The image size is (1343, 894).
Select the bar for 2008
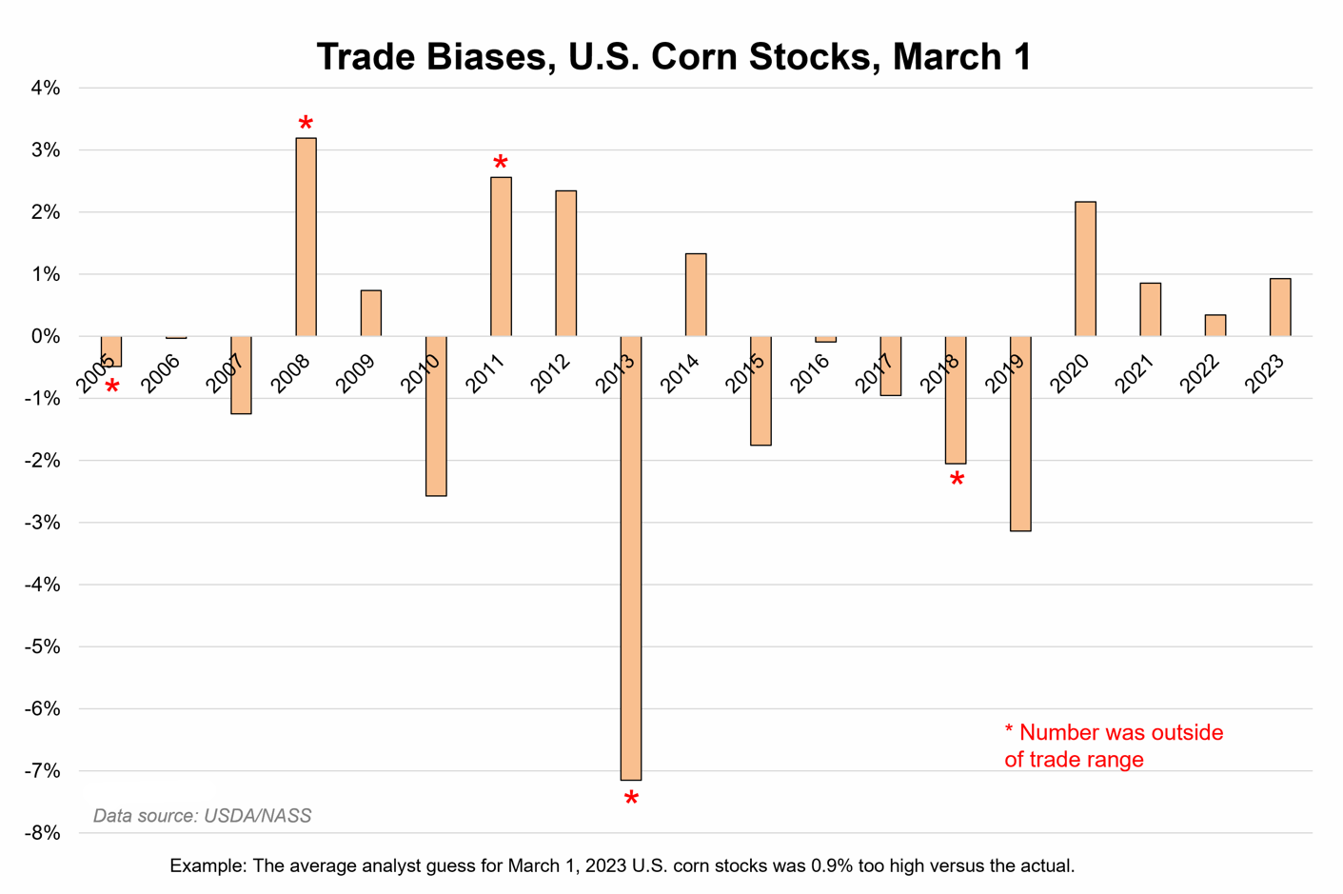[306, 237]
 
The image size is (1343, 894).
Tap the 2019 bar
[1020, 433]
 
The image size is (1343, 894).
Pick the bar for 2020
[1085, 268]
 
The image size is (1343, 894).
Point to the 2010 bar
[436, 416]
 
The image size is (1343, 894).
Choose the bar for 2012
[565, 264]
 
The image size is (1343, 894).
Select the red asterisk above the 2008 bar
[306, 125]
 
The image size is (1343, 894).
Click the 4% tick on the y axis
[45, 89]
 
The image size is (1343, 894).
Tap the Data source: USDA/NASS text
[202, 816]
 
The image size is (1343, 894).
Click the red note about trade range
[1113, 745]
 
